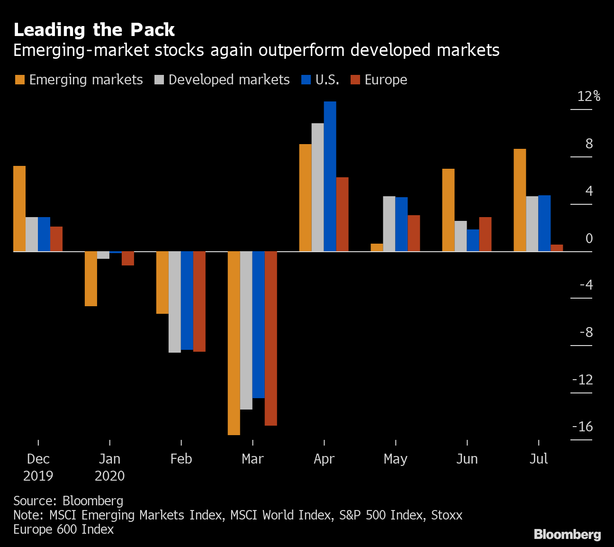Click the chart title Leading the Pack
pyautogui.click(x=94, y=30)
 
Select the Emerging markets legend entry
pyautogui.click(x=79, y=80)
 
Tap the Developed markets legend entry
pyautogui.click(x=222, y=80)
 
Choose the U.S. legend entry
pyautogui.click(x=320, y=80)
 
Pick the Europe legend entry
pyautogui.click(x=379, y=80)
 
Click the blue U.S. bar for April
pyautogui.click(x=330, y=176)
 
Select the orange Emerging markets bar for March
pyautogui.click(x=234, y=343)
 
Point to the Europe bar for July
pyautogui.click(x=557, y=248)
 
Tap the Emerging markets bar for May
pyautogui.click(x=377, y=247)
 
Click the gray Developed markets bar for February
pyautogui.click(x=174, y=301)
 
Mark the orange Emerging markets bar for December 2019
pyautogui.click(x=19, y=209)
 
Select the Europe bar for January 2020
pyautogui.click(x=128, y=258)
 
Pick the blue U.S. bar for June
pyautogui.click(x=473, y=240)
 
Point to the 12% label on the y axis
pyautogui.click(x=588, y=96)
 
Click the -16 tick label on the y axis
pyautogui.click(x=582, y=427)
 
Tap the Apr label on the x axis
pyautogui.click(x=324, y=459)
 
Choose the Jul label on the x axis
pyautogui.click(x=538, y=459)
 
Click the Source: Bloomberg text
pyautogui.click(x=68, y=501)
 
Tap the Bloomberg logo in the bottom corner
pyautogui.click(x=567, y=535)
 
